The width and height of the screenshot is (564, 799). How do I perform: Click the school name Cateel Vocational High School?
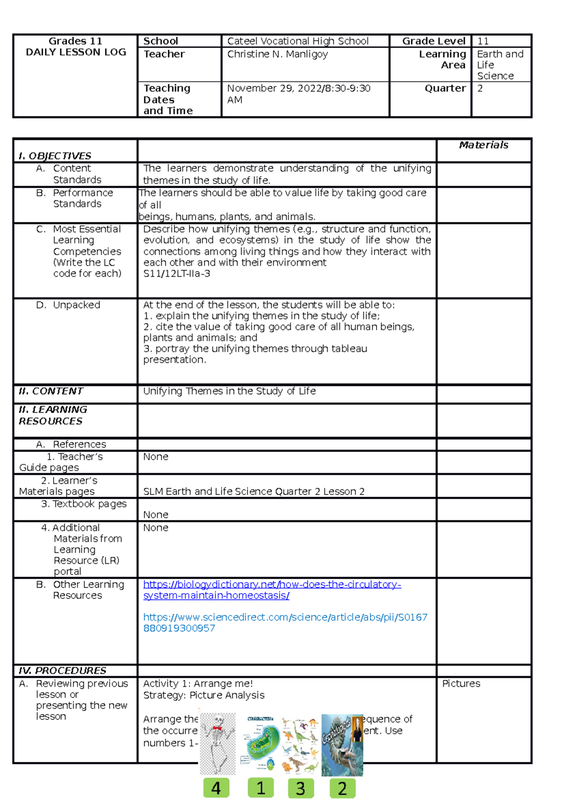coord(298,41)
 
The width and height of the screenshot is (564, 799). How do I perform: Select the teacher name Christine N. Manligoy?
coord(277,54)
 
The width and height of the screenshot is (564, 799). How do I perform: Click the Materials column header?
coord(483,145)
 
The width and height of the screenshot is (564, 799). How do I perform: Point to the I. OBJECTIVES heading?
coord(55,156)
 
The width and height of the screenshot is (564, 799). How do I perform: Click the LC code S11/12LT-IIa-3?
coord(176,273)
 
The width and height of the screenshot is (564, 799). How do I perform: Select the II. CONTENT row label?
coord(51,391)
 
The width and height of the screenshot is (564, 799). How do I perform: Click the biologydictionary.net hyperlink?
coord(272,584)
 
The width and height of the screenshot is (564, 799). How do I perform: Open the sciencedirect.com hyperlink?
coord(285,617)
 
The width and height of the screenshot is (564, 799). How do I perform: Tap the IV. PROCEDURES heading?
coord(62,671)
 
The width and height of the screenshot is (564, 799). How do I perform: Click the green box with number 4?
coord(216,788)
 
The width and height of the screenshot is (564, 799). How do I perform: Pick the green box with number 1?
coord(261,788)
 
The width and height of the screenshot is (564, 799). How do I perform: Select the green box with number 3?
coord(301,788)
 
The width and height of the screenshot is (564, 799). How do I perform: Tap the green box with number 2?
coord(342,788)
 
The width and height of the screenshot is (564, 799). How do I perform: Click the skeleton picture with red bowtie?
coord(218,743)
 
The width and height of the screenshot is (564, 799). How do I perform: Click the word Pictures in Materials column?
coord(461,684)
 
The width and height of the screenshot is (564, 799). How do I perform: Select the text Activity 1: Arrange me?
coord(198,684)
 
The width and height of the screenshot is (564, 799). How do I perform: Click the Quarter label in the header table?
coord(445,88)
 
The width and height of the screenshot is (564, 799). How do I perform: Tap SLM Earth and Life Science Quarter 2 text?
coord(254,491)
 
